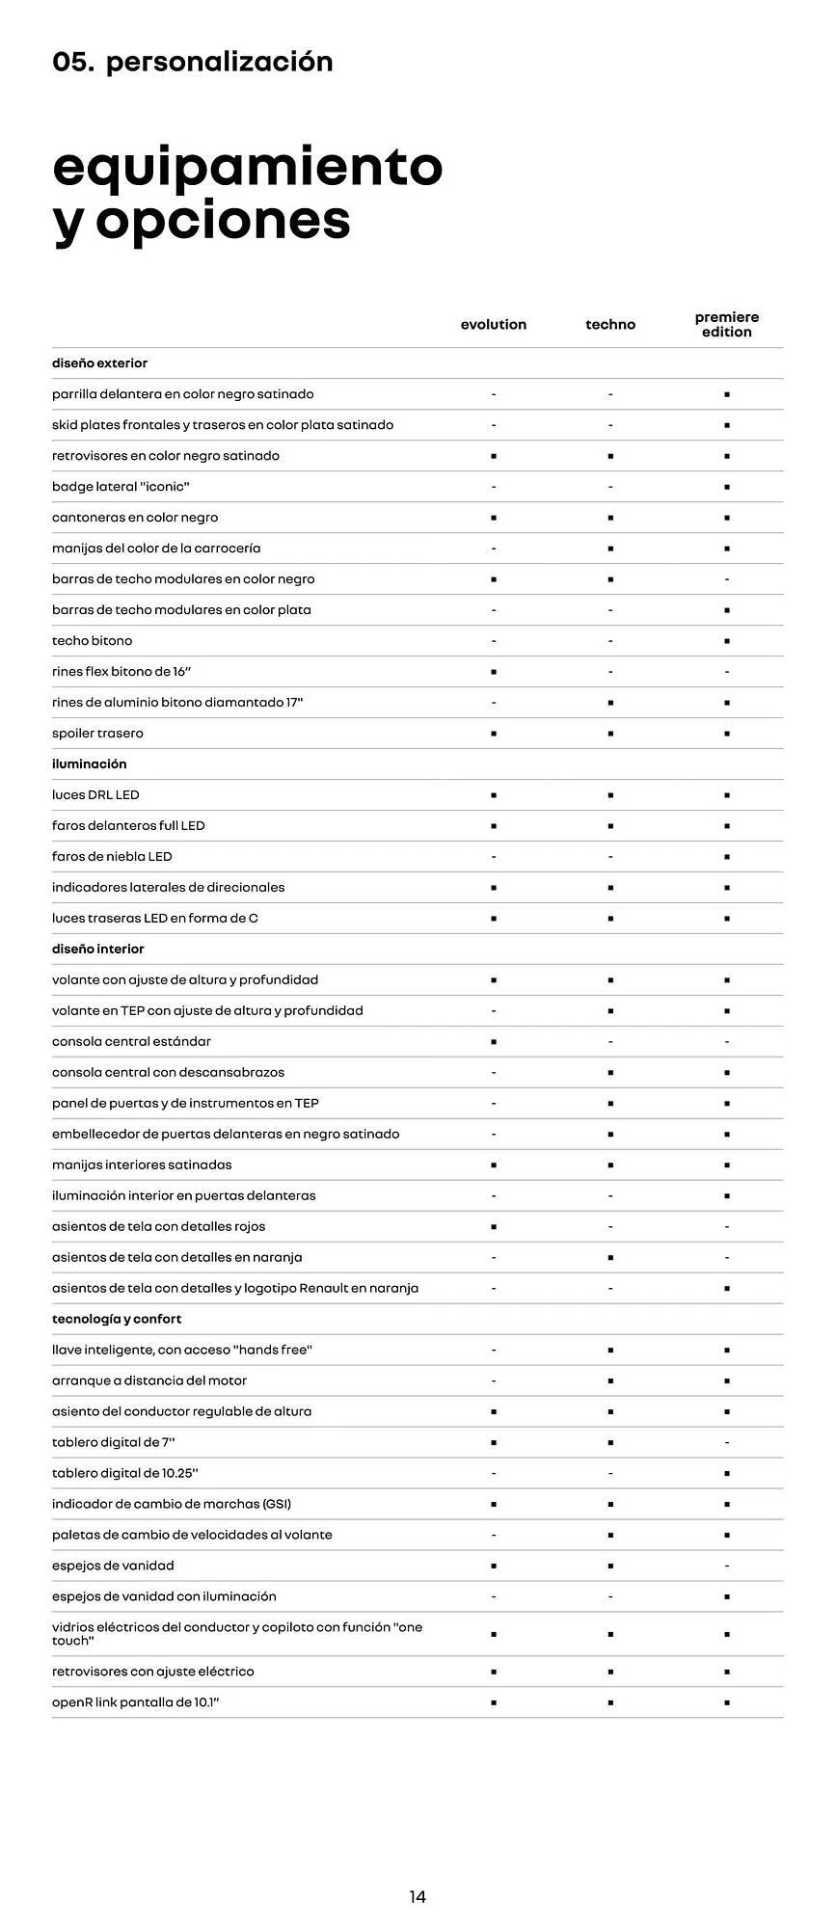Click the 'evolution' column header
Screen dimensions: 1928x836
[494, 325]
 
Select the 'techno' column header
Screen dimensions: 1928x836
[610, 325]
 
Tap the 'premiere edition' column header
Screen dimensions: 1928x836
[727, 325]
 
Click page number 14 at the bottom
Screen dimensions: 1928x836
[418, 1896]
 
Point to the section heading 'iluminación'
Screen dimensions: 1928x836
[90, 763]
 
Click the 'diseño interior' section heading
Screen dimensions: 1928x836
[98, 949]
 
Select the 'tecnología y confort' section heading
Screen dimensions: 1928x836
[117, 1319]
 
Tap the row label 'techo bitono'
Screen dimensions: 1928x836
[93, 640]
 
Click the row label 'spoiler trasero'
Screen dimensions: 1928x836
[97, 733]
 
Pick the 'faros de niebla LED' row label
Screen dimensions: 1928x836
[112, 856]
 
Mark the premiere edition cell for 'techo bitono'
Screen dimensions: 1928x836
[727, 641]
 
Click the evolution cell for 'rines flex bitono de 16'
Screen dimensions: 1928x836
[494, 672]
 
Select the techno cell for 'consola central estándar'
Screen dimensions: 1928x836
[610, 1041]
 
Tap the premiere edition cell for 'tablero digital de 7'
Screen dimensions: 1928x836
[727, 1442]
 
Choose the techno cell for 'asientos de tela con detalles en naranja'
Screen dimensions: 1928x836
[610, 1257]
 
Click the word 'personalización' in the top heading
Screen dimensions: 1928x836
[220, 62]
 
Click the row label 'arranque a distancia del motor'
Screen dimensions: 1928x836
[149, 1380]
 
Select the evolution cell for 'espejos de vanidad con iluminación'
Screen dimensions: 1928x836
[494, 1596]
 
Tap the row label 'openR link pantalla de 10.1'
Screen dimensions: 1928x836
[136, 1702]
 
